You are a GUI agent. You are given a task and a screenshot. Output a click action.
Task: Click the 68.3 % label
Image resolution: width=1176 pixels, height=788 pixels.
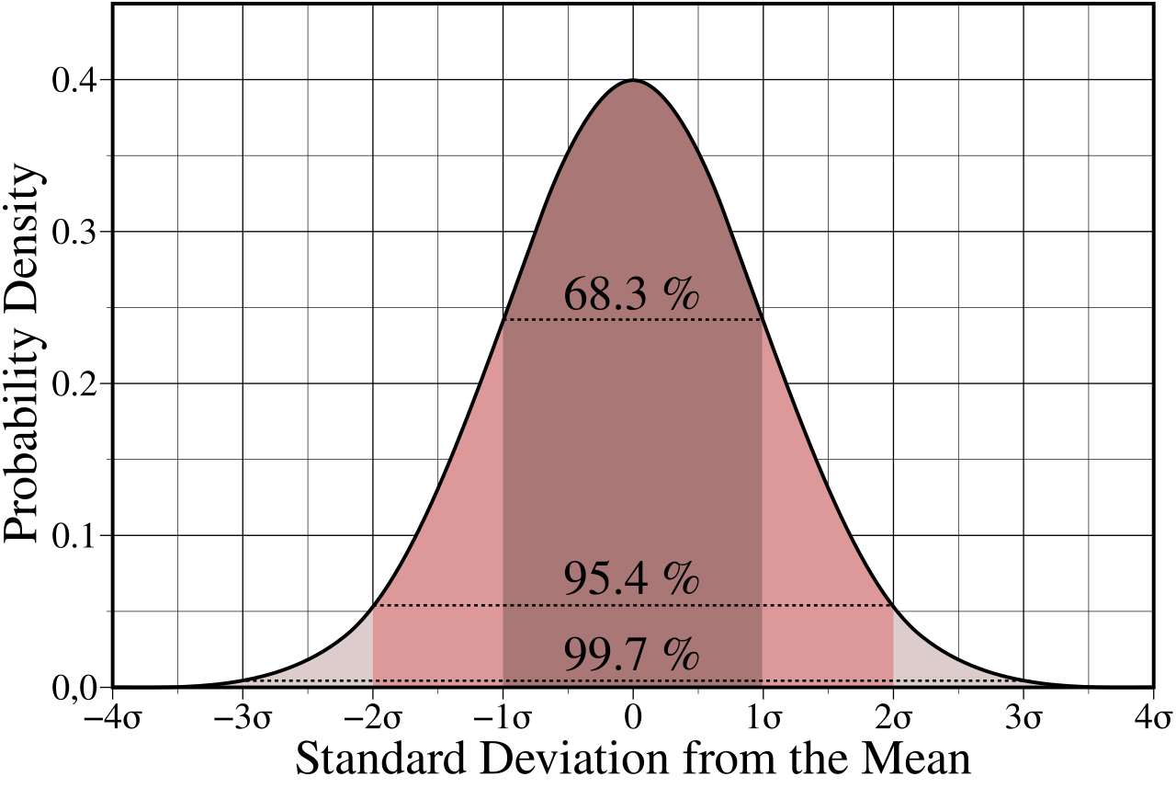click(632, 295)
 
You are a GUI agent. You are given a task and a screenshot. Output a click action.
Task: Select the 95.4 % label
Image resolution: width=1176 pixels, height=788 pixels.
click(632, 580)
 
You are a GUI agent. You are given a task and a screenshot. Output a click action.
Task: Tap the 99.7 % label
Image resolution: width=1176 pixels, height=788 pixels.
click(632, 655)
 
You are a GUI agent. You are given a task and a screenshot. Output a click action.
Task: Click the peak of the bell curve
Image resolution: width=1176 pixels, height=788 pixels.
click(633, 81)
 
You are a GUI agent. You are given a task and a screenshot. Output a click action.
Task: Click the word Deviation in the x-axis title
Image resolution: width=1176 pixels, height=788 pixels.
click(585, 760)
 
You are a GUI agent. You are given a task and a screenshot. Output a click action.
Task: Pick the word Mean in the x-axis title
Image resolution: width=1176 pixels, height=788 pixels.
click(919, 760)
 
